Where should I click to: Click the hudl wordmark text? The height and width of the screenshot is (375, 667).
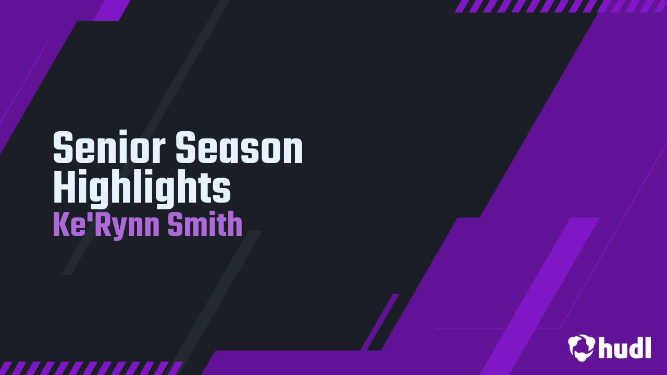[625, 347]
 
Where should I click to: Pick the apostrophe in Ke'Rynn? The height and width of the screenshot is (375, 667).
[87, 218]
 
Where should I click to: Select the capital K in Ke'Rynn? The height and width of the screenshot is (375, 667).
[60, 225]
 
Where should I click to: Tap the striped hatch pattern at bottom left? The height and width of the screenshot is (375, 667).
[89, 368]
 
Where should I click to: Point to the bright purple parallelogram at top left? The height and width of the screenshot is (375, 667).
[112, 10]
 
